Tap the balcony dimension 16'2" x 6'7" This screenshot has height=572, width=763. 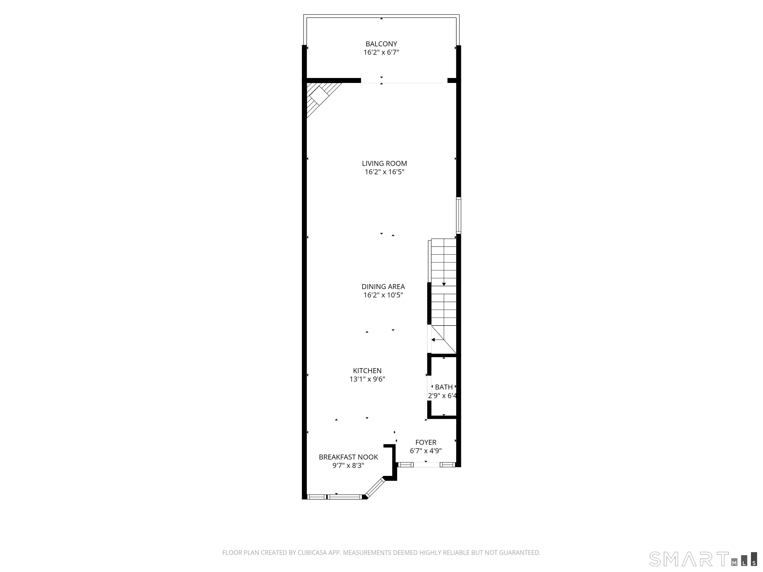point(381,53)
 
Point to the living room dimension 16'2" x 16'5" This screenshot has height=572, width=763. point(384,172)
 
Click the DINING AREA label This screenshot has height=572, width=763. point(383,286)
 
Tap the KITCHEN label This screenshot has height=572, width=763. point(367,371)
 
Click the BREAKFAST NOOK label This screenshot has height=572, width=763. point(348,457)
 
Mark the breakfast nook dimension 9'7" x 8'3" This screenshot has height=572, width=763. point(348,466)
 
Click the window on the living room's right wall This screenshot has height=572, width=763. point(458,215)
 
